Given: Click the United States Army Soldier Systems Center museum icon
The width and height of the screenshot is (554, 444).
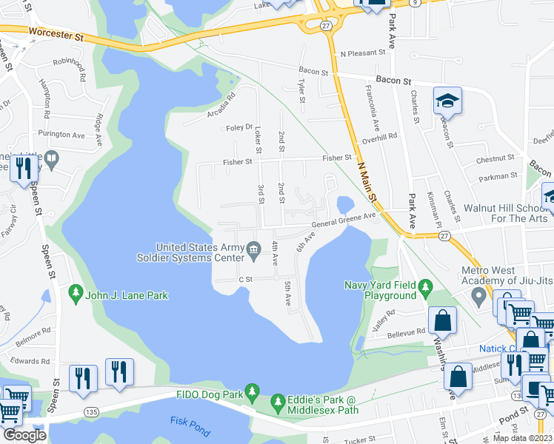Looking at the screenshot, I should pyautogui.click(x=254, y=247).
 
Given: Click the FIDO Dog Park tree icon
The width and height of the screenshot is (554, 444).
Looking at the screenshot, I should pyautogui.click(x=253, y=391).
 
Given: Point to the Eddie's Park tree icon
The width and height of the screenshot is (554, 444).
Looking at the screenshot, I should pyautogui.click(x=278, y=404).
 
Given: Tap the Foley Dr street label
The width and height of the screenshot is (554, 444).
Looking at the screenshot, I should pyautogui.click(x=239, y=127).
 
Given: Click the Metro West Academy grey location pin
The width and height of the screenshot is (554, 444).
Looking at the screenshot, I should pyautogui.click(x=479, y=297).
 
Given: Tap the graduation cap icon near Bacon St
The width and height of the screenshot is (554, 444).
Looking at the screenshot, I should pyautogui.click(x=448, y=101).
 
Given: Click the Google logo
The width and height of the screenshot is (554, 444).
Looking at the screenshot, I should pyautogui.click(x=24, y=435).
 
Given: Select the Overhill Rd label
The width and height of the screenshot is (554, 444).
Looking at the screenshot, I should pyautogui.click(x=380, y=137).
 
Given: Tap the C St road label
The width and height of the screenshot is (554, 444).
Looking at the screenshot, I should pyautogui.click(x=245, y=280).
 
